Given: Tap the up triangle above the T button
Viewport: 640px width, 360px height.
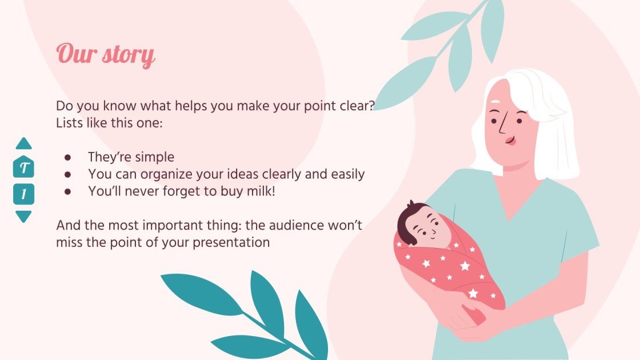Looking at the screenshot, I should coord(24,144).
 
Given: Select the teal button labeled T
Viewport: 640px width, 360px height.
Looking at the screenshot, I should coord(24,168).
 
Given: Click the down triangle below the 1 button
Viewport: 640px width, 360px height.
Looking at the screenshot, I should coord(24,216).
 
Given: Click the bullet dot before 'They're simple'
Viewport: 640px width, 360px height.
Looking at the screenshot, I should coord(67,157).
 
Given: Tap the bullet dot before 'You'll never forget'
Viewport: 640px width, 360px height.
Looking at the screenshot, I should coord(67,191).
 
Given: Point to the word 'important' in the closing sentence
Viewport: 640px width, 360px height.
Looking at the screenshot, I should coord(156,225).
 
